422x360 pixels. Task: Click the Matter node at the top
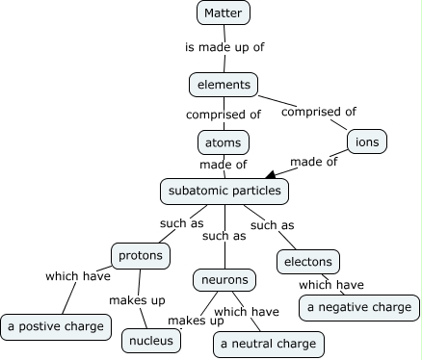[x=224, y=13]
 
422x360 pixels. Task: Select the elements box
[x=224, y=85]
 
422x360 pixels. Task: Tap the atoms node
[x=224, y=142]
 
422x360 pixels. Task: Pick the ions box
[x=367, y=141]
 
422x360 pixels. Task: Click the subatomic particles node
[x=224, y=191]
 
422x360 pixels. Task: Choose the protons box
[x=142, y=256]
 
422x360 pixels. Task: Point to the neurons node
[x=225, y=280]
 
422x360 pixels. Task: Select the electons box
[x=308, y=261]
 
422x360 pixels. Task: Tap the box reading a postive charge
[x=57, y=326]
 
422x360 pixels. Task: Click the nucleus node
[x=152, y=340]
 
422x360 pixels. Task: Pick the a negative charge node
[x=359, y=307]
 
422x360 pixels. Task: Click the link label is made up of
[x=223, y=45]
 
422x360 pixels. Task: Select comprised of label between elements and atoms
[x=224, y=114]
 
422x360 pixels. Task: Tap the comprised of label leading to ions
[x=318, y=111]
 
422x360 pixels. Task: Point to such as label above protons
[x=181, y=223]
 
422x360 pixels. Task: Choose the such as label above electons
[x=272, y=225]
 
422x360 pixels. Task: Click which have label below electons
[x=330, y=284]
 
